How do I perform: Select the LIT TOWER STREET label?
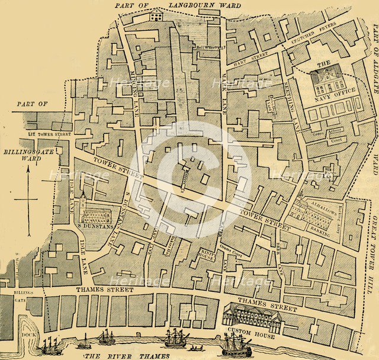click(50, 134)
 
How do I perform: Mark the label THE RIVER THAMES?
click(127, 355)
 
